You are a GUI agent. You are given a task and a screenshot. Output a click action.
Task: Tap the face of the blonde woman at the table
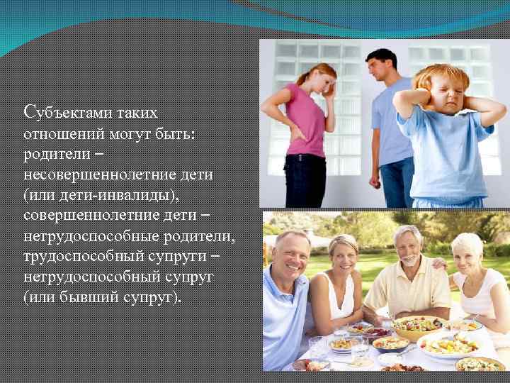point(344,256)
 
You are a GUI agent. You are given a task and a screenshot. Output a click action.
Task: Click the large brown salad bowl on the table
point(419,328)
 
